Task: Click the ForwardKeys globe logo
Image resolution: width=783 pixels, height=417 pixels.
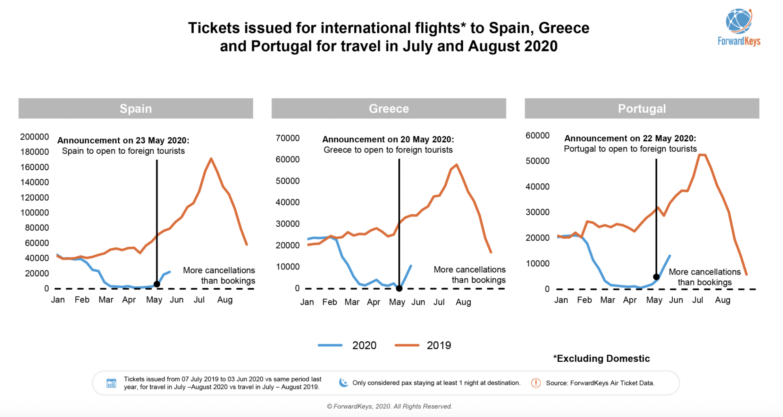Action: pyautogui.click(x=739, y=21)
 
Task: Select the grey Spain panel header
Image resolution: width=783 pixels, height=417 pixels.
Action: pyautogui.click(x=136, y=108)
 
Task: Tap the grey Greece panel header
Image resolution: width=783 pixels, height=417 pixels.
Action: pyautogui.click(x=389, y=108)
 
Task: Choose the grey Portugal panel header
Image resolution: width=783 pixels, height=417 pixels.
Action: pyautogui.click(x=642, y=108)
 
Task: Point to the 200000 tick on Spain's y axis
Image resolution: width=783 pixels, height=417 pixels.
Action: pyautogui.click(x=34, y=137)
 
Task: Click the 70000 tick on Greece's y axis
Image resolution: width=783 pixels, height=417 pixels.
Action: pyautogui.click(x=288, y=138)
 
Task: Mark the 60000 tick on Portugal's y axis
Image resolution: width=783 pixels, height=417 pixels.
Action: pyautogui.click(x=537, y=135)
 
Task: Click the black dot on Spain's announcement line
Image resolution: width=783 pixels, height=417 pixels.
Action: pyautogui.click(x=157, y=284)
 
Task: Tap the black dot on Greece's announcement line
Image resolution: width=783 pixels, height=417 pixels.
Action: pyautogui.click(x=399, y=288)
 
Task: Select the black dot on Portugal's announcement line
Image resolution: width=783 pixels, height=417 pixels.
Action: pyautogui.click(x=656, y=277)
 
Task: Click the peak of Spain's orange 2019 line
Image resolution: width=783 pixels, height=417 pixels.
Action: pyautogui.click(x=211, y=158)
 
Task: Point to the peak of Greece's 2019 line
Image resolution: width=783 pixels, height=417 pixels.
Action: pyautogui.click(x=456, y=165)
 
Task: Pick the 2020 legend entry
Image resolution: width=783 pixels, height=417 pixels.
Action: pyautogui.click(x=348, y=345)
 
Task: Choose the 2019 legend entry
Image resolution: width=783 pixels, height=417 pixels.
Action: pyautogui.click(x=423, y=345)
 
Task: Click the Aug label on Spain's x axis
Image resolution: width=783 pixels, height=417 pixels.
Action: pyautogui.click(x=225, y=300)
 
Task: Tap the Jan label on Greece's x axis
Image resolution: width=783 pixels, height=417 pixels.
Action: pyautogui.click(x=307, y=302)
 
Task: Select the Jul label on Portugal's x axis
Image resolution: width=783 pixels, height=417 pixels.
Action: pyautogui.click(x=697, y=300)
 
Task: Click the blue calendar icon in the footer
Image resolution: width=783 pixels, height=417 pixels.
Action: pyautogui.click(x=111, y=383)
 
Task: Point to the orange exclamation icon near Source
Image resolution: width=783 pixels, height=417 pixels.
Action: pyautogui.click(x=536, y=383)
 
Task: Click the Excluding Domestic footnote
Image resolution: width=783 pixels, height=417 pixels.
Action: pyautogui.click(x=602, y=358)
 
